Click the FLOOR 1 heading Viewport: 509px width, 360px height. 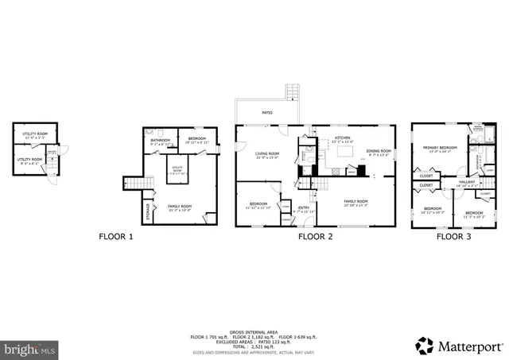click(x=116, y=236)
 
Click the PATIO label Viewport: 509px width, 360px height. click(x=267, y=113)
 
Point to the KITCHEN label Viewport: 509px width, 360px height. click(x=343, y=138)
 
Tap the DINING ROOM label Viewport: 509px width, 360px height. click(x=379, y=151)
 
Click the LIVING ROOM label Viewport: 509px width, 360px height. click(x=266, y=153)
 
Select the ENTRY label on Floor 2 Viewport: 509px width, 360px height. click(x=302, y=208)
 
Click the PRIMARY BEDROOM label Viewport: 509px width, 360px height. click(x=439, y=148)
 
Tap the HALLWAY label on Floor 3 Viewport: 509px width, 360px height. click(x=467, y=182)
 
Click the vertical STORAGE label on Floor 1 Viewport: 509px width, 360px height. click(x=148, y=211)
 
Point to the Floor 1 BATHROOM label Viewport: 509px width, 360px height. click(x=161, y=141)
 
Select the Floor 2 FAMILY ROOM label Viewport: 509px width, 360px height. click(x=355, y=202)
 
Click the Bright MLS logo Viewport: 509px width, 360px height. click(x=30, y=348)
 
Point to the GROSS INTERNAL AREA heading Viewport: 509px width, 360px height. click(x=254, y=331)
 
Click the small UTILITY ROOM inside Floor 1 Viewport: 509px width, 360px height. click(x=177, y=169)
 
